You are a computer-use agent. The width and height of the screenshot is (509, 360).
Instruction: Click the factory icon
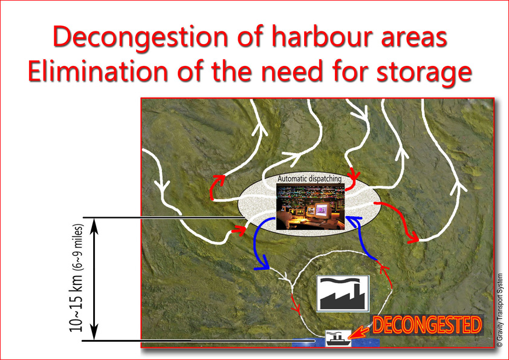[x=343, y=293]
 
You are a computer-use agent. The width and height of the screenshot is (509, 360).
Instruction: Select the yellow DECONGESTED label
[x=427, y=325]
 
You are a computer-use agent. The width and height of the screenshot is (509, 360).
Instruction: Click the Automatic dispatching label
[x=310, y=178]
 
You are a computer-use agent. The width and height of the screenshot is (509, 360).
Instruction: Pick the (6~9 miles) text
[x=79, y=247]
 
